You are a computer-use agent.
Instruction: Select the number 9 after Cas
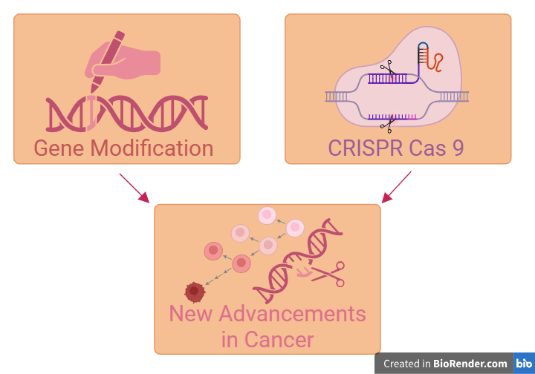[x=457, y=148]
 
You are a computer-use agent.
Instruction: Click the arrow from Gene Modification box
[x=134, y=188]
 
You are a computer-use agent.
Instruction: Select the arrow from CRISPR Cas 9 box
[x=397, y=187]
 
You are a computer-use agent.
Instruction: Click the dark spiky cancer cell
[x=194, y=292]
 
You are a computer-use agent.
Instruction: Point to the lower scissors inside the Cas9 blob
[x=386, y=125]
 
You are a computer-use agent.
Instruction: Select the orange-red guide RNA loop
[x=438, y=61]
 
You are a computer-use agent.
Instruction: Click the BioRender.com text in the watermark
[x=471, y=364]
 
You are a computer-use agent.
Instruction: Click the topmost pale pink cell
[x=267, y=215]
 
